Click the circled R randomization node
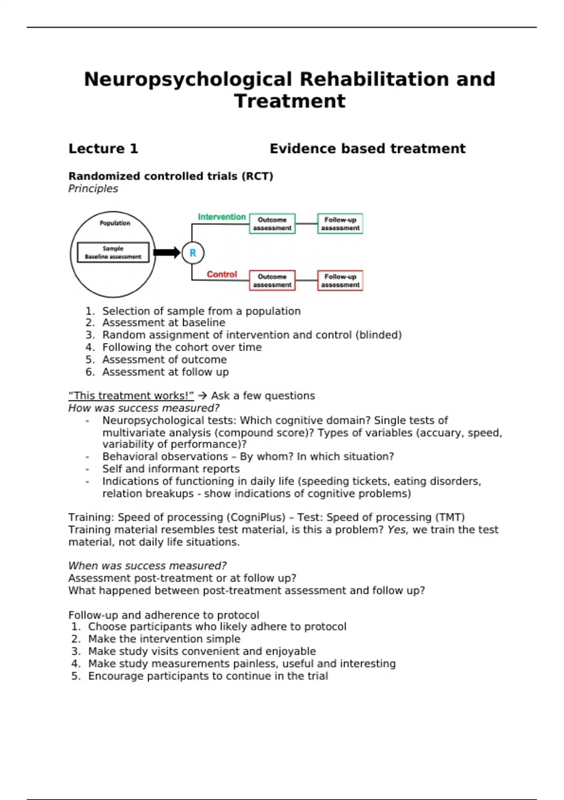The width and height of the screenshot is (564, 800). [193, 253]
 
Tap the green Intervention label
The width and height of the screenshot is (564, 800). [222, 217]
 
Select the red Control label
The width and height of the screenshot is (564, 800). [222, 274]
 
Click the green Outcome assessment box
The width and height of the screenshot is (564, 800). [272, 224]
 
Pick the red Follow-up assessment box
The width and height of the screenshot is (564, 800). [340, 280]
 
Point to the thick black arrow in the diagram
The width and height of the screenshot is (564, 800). [167, 253]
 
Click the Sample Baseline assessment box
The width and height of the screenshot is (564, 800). [113, 252]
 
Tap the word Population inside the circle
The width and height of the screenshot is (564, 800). [115, 223]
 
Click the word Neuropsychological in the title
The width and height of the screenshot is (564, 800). [188, 79]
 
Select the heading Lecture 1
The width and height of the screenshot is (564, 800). [103, 149]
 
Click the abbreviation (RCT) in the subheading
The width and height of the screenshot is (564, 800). [257, 176]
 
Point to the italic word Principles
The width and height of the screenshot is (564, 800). [93, 189]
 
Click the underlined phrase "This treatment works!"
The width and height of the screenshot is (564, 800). [131, 396]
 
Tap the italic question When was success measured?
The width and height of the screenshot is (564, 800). [147, 566]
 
